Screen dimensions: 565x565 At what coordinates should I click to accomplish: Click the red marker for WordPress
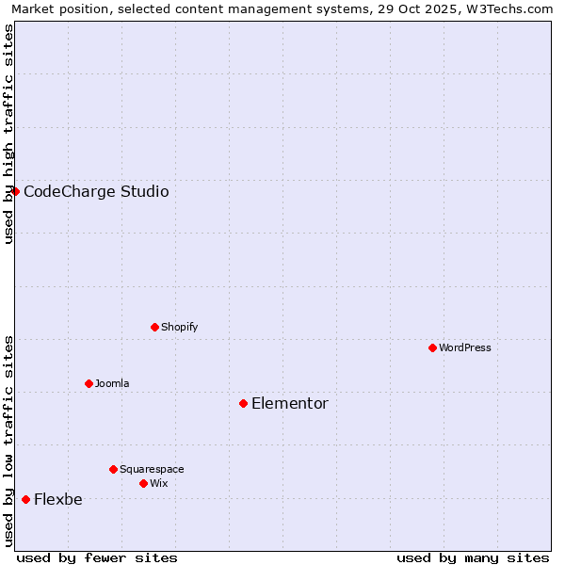tap(432, 347)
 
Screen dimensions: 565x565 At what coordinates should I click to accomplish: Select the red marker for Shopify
tap(154, 327)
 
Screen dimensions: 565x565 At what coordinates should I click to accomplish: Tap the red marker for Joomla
tap(89, 383)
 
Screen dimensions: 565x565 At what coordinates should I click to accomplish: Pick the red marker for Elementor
tap(243, 403)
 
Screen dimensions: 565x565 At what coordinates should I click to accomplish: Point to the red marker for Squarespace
tap(113, 469)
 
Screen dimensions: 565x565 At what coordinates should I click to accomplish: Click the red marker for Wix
tap(143, 483)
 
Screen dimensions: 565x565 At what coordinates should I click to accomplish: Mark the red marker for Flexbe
tap(25, 499)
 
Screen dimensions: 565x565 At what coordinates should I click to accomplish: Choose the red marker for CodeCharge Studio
tap(15, 191)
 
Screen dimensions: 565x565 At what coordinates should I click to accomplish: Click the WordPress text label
tap(465, 347)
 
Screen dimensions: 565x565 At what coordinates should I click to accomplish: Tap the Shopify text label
tap(179, 327)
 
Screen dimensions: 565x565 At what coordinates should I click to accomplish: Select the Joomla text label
tap(112, 383)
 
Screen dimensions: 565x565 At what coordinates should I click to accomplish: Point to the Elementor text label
tap(290, 403)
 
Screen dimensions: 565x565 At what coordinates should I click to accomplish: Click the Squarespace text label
tap(152, 469)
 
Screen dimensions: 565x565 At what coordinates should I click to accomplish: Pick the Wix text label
tap(159, 483)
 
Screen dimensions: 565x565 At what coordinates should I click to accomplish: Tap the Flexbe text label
tap(58, 499)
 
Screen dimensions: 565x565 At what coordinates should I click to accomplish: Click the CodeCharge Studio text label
tap(96, 191)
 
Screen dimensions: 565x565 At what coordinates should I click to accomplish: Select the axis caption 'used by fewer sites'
tap(97, 557)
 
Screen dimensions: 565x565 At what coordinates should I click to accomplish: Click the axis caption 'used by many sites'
tap(473, 557)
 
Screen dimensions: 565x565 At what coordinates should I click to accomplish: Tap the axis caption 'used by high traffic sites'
tap(8, 134)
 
